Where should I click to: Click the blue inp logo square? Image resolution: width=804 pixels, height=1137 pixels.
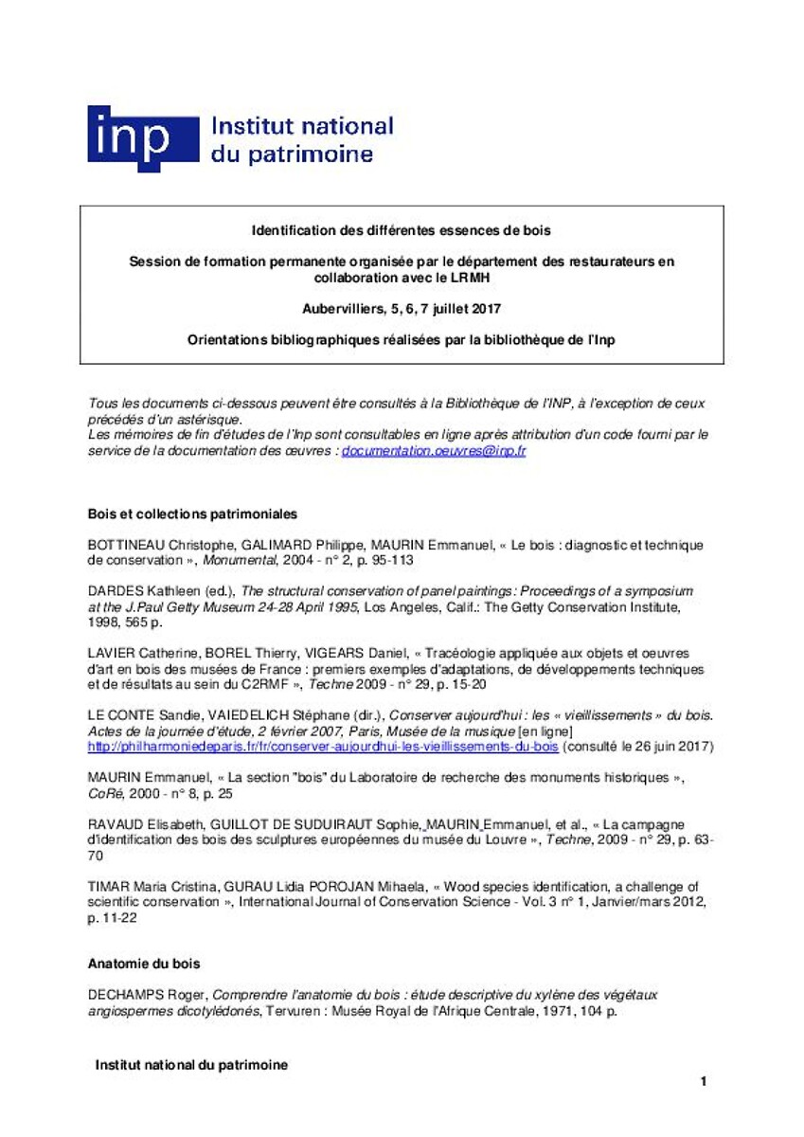(x=142, y=138)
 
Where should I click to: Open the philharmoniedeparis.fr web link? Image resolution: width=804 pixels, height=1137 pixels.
(x=323, y=747)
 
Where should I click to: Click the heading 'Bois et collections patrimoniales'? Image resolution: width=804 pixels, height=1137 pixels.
(x=192, y=514)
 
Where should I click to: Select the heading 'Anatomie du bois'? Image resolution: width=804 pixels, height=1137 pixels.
(x=144, y=964)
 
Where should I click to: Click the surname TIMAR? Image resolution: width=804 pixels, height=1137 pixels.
(x=106, y=887)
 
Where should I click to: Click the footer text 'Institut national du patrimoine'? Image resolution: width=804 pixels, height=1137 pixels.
(x=191, y=1065)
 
